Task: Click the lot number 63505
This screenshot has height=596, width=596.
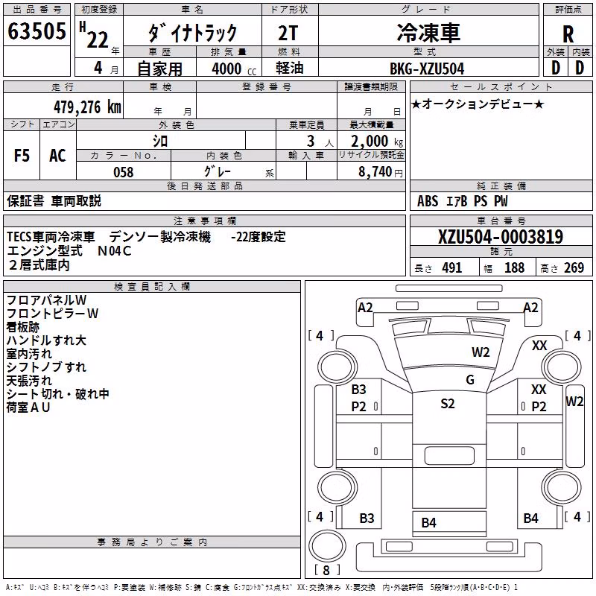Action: point(37,31)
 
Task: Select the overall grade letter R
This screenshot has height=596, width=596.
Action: point(568,34)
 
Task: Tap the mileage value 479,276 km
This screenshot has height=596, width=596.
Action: point(87,107)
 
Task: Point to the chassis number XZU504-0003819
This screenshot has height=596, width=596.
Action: point(501,237)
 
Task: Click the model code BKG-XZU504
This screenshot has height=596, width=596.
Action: point(427,69)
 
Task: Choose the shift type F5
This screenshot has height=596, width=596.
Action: point(22,156)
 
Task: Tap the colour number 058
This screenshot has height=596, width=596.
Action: point(124,172)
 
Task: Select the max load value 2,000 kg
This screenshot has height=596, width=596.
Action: point(377,142)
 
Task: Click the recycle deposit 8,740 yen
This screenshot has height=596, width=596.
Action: point(380,172)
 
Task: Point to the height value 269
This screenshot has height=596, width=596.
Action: point(574,268)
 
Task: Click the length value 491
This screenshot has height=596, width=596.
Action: point(452,268)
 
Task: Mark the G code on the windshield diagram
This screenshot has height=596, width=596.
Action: point(470,380)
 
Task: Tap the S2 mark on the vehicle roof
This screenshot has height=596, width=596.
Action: point(448,403)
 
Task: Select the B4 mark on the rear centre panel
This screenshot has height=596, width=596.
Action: point(429,523)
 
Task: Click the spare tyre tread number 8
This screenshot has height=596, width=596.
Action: point(326,570)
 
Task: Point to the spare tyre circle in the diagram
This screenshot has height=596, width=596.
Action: point(328,546)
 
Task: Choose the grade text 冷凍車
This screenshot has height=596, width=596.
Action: point(428,32)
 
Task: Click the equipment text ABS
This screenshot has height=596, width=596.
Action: point(428,201)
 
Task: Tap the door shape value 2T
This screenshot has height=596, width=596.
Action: point(288,33)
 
